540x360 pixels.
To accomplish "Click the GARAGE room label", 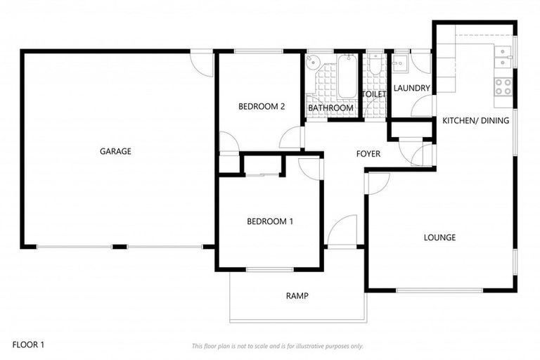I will pos(115,151).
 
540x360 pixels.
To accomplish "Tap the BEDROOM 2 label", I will pos(261,107).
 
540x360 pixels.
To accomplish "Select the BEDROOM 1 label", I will pos(270,221).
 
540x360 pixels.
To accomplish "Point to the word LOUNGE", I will pos(439,238).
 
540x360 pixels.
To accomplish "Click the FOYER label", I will pos(368,154).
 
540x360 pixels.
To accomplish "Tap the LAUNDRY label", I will pos(411,88).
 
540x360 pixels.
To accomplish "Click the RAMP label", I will pos(297,296).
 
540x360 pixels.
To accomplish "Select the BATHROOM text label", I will pos(331,108).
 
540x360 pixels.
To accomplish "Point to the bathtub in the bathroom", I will pos(347,77).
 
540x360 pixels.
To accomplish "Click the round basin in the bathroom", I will pos(314,61).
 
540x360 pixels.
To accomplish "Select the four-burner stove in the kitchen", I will pos(503,86).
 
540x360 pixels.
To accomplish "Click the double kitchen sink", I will pos(503,58).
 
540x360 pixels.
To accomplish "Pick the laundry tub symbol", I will pos(399,63).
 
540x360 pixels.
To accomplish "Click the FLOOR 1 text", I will pos(27,345).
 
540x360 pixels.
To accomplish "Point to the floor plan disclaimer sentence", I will pos(278,346).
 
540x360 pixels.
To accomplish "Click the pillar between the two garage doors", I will pos(120,247).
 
